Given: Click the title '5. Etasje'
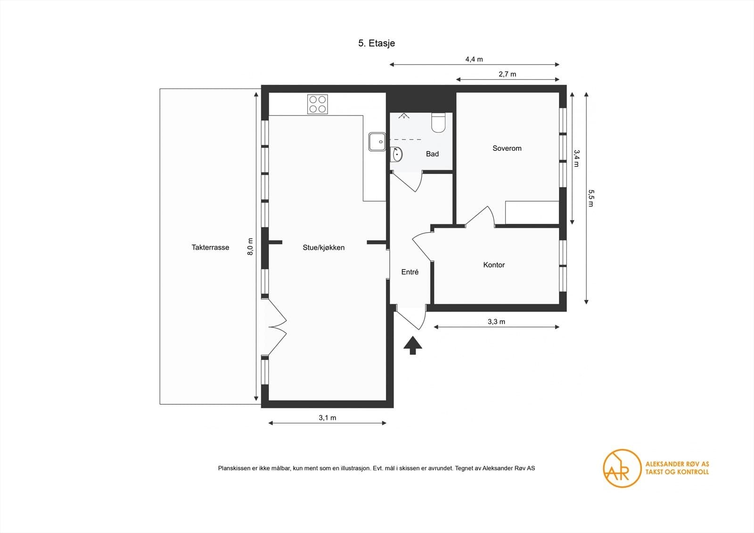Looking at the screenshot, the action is pyautogui.click(x=377, y=43).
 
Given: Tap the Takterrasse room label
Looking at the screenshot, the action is pyautogui.click(x=210, y=247).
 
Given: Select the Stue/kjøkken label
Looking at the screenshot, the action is pyautogui.click(x=323, y=248).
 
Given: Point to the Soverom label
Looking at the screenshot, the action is pyautogui.click(x=507, y=148).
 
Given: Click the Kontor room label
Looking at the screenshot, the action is pyautogui.click(x=494, y=265).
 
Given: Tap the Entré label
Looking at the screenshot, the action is pyautogui.click(x=410, y=272).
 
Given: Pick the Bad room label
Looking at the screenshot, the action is pyautogui.click(x=432, y=154).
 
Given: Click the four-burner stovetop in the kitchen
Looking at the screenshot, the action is pyautogui.click(x=318, y=104).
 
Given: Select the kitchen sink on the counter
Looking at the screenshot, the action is pyautogui.click(x=377, y=142).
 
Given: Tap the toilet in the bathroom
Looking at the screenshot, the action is pyautogui.click(x=439, y=123).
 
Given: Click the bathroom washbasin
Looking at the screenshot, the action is pyautogui.click(x=396, y=155).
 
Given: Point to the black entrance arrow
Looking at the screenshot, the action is pyautogui.click(x=413, y=345).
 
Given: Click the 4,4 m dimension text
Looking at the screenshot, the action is pyautogui.click(x=474, y=59).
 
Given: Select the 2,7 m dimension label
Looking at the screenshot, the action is pyautogui.click(x=507, y=74).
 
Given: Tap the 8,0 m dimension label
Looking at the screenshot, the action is pyautogui.click(x=250, y=246).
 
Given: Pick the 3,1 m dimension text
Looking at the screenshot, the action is pyautogui.click(x=327, y=418).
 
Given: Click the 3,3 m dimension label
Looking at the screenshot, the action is pyautogui.click(x=497, y=322).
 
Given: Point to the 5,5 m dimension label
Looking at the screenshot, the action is pyautogui.click(x=591, y=198).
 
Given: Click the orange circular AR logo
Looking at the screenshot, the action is pyautogui.click(x=622, y=468).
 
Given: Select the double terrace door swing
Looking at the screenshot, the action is pyautogui.click(x=278, y=327).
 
